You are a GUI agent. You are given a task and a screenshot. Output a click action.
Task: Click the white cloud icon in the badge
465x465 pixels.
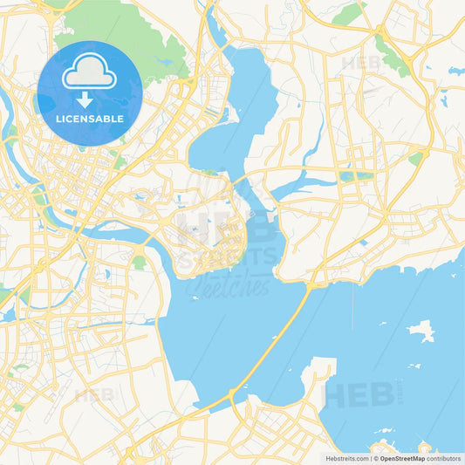pos(89,72)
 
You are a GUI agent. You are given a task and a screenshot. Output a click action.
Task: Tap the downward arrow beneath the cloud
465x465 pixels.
pos(89,99)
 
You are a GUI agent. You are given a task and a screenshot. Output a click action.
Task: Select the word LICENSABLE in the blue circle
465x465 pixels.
pos(89,118)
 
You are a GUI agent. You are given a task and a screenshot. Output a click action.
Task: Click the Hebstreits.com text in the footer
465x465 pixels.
pos(346,458)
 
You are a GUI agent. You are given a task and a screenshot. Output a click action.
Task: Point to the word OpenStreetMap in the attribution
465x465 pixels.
pos(402,458)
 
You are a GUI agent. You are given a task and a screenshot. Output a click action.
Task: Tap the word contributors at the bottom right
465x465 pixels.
pos(444,458)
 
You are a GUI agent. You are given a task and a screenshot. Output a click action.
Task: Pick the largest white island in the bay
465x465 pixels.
pos(421,331)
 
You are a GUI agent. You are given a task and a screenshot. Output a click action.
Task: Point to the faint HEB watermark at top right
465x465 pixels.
pos(361,63)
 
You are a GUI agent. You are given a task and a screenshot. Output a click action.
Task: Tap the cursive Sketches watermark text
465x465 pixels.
pos(215,284)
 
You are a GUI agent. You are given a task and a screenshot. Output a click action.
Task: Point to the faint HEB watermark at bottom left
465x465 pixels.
pos(94,394)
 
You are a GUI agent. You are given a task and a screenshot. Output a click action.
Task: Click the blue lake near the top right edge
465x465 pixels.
pos(455,71)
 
